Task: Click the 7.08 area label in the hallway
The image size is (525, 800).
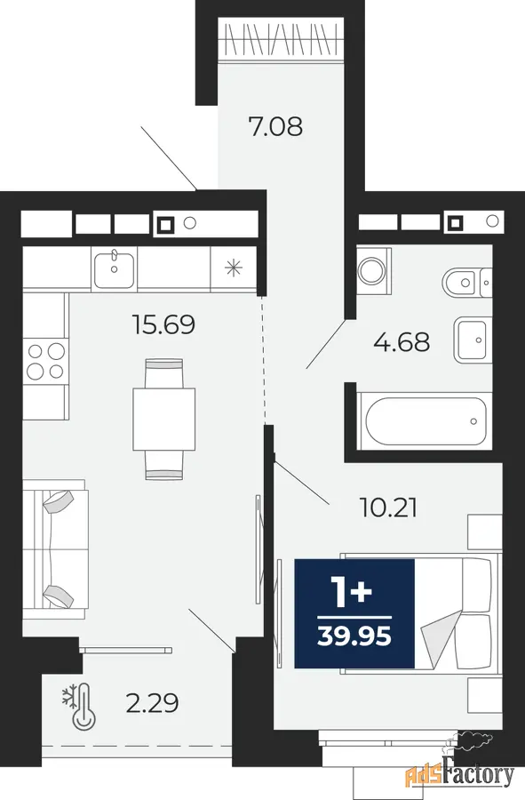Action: (275, 126)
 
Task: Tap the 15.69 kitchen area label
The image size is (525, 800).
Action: (163, 324)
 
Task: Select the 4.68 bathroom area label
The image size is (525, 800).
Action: (402, 342)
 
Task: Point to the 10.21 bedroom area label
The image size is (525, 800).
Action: (388, 508)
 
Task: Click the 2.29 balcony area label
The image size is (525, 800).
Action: (152, 703)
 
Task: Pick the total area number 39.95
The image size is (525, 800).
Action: (354, 636)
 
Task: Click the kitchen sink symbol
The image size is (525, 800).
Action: (114, 268)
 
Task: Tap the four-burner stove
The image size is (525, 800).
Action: (45, 361)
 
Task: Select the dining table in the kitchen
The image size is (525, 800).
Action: (164, 420)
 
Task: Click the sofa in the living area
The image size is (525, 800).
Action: (55, 549)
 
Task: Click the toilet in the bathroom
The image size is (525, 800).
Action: (467, 283)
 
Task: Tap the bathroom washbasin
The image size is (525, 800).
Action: (473, 340)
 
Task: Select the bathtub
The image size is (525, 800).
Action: (425, 421)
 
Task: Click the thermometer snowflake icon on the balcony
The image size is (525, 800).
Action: (79, 706)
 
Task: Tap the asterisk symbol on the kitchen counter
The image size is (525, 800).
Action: (234, 268)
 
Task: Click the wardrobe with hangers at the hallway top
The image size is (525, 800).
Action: (281, 39)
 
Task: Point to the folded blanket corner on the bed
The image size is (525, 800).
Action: (438, 638)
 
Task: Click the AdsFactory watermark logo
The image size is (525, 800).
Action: (458, 774)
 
